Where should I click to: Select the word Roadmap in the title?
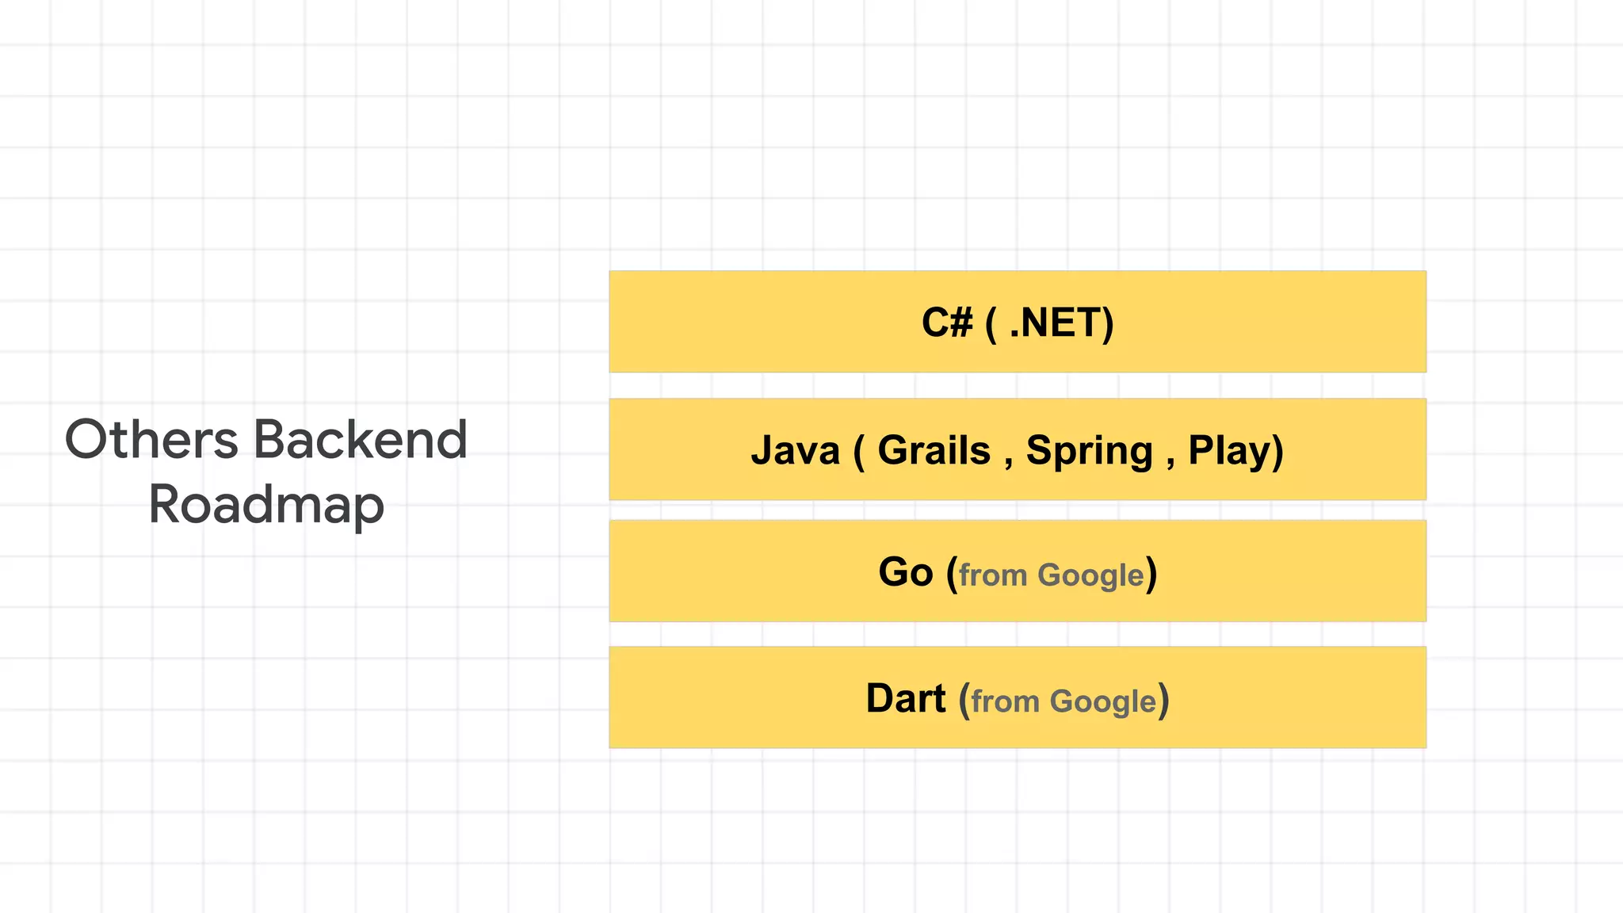click(266, 505)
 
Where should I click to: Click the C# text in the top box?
click(946, 323)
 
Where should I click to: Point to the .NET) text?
click(1061, 323)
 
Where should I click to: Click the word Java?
click(795, 450)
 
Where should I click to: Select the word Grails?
click(934, 450)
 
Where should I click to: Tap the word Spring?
click(1089, 450)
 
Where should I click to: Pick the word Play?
click(1229, 450)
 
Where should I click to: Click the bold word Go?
click(905, 571)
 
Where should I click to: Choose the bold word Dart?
click(905, 698)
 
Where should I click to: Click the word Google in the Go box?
click(1090, 575)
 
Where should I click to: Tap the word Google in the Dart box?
click(1102, 702)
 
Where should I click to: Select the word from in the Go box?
click(992, 575)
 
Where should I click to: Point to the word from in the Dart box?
click(1004, 702)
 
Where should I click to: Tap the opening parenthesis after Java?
click(859, 452)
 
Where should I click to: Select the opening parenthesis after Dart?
click(964, 701)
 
